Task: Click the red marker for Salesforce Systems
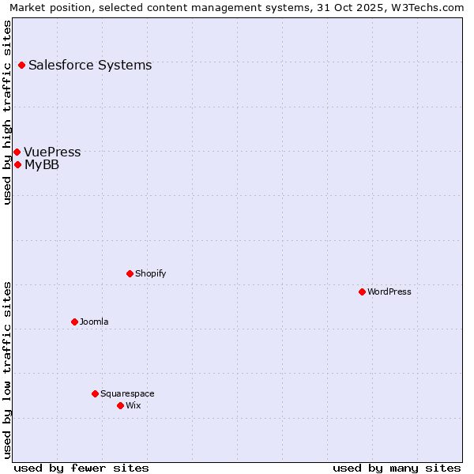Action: pos(21,65)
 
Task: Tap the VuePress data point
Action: pos(17,152)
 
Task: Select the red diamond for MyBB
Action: pos(17,164)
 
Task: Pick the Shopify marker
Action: pos(130,273)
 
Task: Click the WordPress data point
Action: pos(362,292)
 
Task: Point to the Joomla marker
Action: pos(74,322)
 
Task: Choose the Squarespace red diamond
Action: pos(95,393)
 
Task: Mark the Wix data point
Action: pos(120,405)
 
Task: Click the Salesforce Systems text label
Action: pos(90,65)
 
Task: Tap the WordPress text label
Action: pos(389,292)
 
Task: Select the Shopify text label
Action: pos(150,273)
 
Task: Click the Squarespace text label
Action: pos(127,393)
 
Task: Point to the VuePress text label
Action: pos(52,152)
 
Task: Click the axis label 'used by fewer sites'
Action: pos(81,468)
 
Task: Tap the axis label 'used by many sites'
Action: pos(397,468)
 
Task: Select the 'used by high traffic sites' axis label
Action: pos(7,112)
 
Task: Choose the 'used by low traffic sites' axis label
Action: pos(7,369)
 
